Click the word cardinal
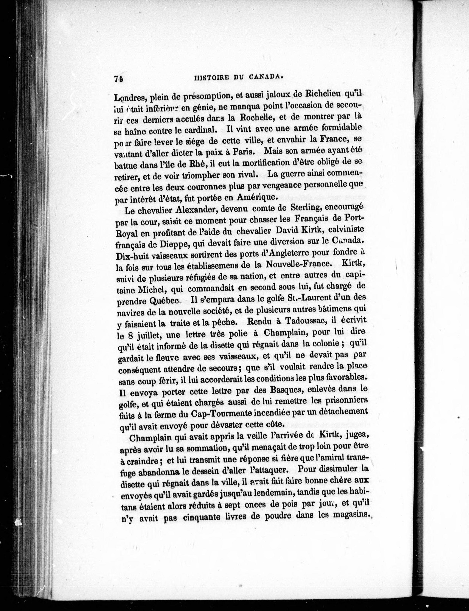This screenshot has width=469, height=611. [199, 130]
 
